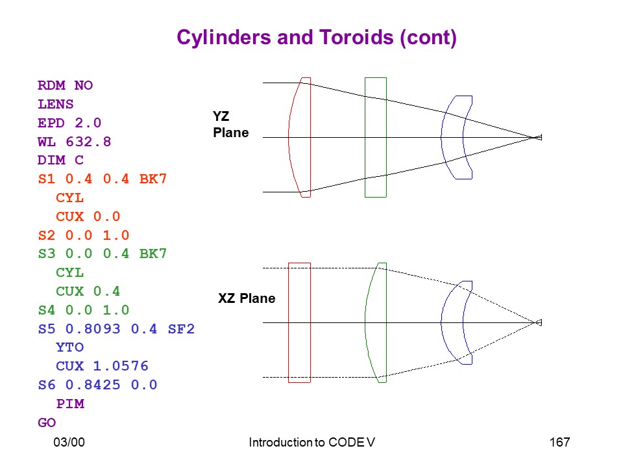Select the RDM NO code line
[65, 85]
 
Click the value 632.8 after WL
[88, 141]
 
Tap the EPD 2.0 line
[69, 123]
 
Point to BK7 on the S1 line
[153, 179]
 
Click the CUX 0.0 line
[88, 216]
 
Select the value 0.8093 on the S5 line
[93, 329]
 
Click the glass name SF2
[181, 329]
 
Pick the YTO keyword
[70, 347]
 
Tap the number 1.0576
[121, 366]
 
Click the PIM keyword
[70, 404]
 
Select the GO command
[47, 422]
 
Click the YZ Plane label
[231, 124]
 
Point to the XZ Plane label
[247, 298]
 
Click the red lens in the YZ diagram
[289, 137]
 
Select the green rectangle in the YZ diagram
[365, 137]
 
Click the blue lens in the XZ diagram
[441, 322]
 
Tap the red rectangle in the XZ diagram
[288, 322]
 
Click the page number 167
[559, 442]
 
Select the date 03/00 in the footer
[69, 442]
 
